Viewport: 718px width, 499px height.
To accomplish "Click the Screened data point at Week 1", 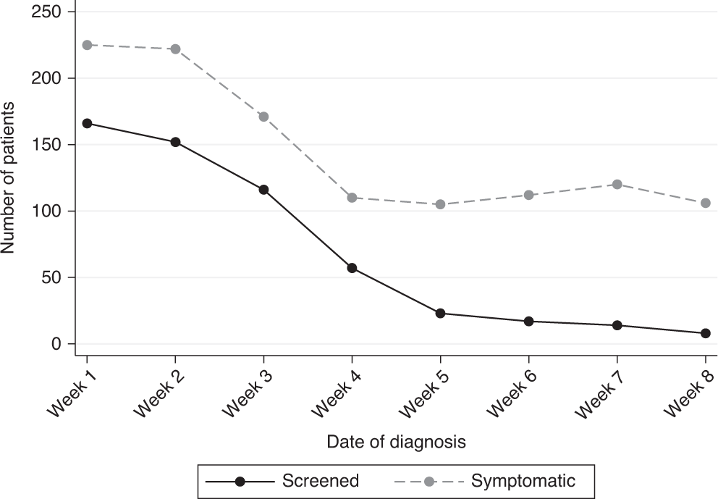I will click(x=87, y=123).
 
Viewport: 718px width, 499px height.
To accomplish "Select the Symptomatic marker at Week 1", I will click(x=87, y=45).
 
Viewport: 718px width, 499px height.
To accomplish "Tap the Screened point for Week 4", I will click(x=352, y=268).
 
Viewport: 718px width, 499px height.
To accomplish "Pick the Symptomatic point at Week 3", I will click(x=263, y=117).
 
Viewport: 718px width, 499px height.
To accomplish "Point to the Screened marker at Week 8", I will click(x=705, y=333).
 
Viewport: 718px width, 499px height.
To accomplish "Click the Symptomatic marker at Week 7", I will click(x=617, y=184).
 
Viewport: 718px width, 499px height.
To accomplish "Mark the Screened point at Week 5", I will click(x=440, y=313).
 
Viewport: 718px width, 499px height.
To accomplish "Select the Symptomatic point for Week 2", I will click(x=175, y=49).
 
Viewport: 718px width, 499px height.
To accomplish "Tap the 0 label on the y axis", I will click(x=55, y=344).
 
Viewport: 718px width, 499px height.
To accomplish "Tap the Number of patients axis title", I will click(x=9, y=178).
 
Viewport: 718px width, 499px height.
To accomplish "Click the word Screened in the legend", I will click(x=320, y=481).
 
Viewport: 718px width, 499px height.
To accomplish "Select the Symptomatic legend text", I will click(x=523, y=481).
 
